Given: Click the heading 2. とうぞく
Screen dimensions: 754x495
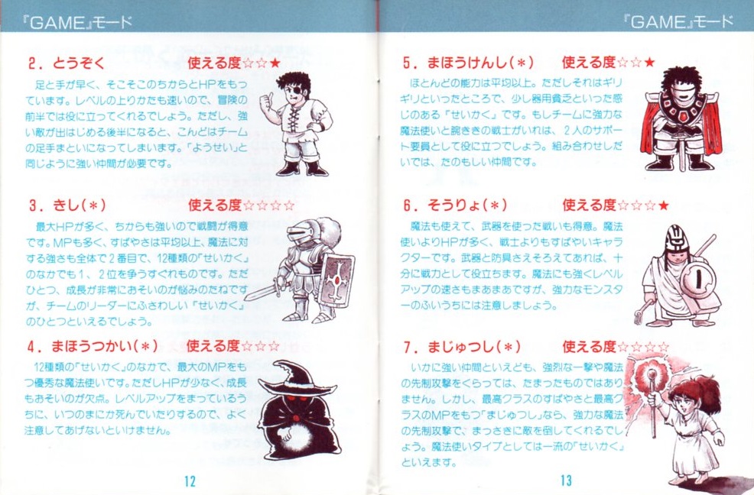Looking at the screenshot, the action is [x=67, y=63].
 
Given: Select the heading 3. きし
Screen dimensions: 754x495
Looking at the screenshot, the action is [x=67, y=205].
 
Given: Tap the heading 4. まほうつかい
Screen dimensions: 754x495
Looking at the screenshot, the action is [x=93, y=346].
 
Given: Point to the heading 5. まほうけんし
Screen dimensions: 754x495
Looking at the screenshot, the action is [x=468, y=63].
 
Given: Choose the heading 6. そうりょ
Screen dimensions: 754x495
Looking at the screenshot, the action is [x=455, y=205].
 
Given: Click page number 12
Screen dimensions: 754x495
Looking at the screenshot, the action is [x=190, y=480].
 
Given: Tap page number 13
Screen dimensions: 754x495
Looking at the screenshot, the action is [x=566, y=480].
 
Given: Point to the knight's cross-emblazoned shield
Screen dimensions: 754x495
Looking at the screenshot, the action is [x=336, y=279].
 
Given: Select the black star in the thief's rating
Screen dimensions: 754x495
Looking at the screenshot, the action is [x=275, y=63].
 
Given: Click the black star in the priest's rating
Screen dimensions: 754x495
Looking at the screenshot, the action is [x=663, y=205].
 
